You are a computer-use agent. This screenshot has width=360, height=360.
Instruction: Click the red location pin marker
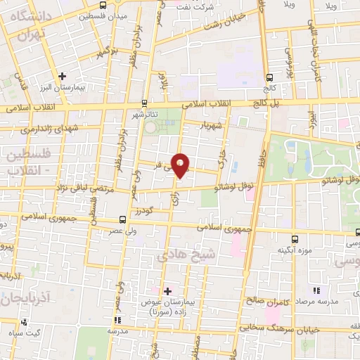(181, 165)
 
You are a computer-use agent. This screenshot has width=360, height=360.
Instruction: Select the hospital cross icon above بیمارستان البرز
(62, 75)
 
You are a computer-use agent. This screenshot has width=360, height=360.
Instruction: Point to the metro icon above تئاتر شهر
(143, 102)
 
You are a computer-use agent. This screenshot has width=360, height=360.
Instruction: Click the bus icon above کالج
(269, 78)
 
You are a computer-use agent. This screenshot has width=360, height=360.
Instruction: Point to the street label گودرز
(142, 210)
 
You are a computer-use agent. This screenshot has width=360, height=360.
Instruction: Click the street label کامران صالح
(265, 300)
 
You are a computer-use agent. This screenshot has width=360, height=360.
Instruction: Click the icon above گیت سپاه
(25, 322)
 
